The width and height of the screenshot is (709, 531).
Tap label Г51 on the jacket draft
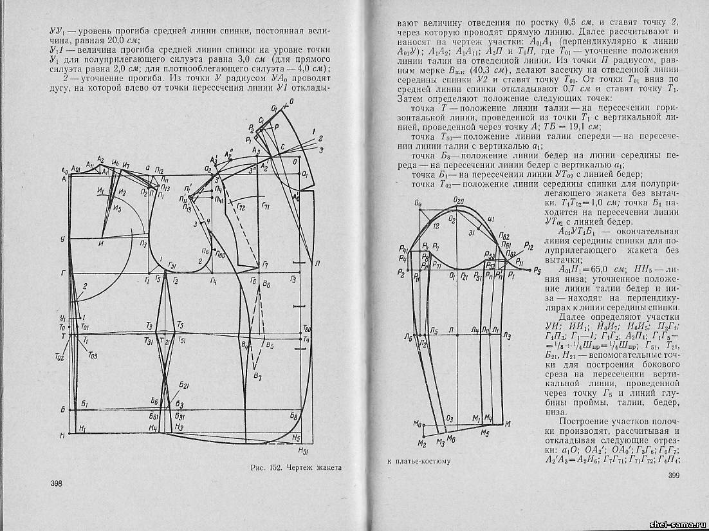[x=172, y=265]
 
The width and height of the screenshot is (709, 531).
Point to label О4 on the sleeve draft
[x=418, y=204]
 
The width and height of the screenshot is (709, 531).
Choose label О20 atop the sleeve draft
[x=458, y=200]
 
